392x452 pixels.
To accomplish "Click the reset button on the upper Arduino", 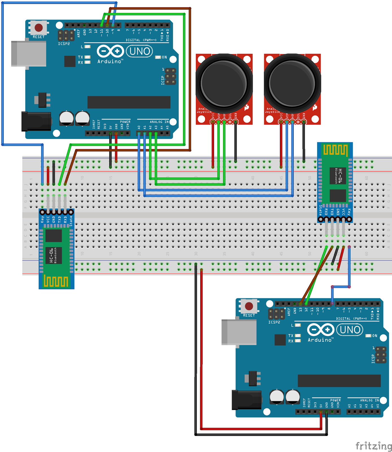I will (39, 28).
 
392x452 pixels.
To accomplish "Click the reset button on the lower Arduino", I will (249, 306).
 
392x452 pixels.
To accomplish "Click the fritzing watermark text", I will (373, 446).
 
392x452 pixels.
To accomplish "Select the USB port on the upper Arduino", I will (28, 54).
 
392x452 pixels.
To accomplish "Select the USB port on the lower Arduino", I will (239, 332).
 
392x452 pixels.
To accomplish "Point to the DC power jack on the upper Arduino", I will (36, 121).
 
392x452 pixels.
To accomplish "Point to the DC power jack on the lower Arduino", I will (246, 400).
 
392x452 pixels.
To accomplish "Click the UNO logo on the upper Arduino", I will (140, 51).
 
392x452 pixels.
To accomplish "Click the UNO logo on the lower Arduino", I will (350, 330).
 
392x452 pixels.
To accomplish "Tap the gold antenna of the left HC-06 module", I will (56, 281).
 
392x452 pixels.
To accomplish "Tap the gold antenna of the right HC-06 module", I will (335, 150).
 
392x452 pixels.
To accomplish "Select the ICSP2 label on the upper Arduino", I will (64, 44).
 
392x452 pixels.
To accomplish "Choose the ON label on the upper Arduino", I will (164, 57).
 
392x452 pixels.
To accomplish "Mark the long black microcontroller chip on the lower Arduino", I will (339, 381).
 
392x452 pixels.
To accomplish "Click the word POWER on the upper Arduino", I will (125, 122).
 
